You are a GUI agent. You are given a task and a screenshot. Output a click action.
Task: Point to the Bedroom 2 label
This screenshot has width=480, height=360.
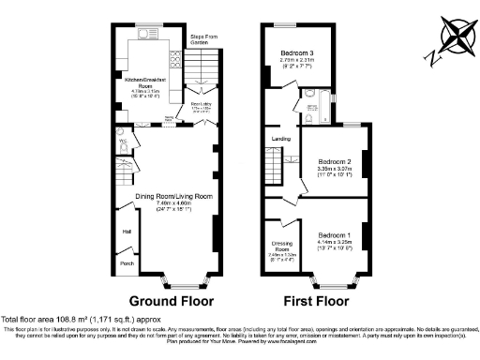334,161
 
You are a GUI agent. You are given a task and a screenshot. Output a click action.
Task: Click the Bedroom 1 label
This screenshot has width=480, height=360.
334,233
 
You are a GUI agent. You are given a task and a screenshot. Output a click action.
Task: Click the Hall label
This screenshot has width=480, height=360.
125,229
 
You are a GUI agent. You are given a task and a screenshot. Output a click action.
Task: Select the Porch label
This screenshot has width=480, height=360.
127,263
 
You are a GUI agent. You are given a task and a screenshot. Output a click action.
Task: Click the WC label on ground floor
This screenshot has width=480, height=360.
122,143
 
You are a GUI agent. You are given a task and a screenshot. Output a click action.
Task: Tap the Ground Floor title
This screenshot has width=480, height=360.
171,301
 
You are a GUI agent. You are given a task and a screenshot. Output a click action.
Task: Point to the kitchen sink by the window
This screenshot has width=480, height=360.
147,39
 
